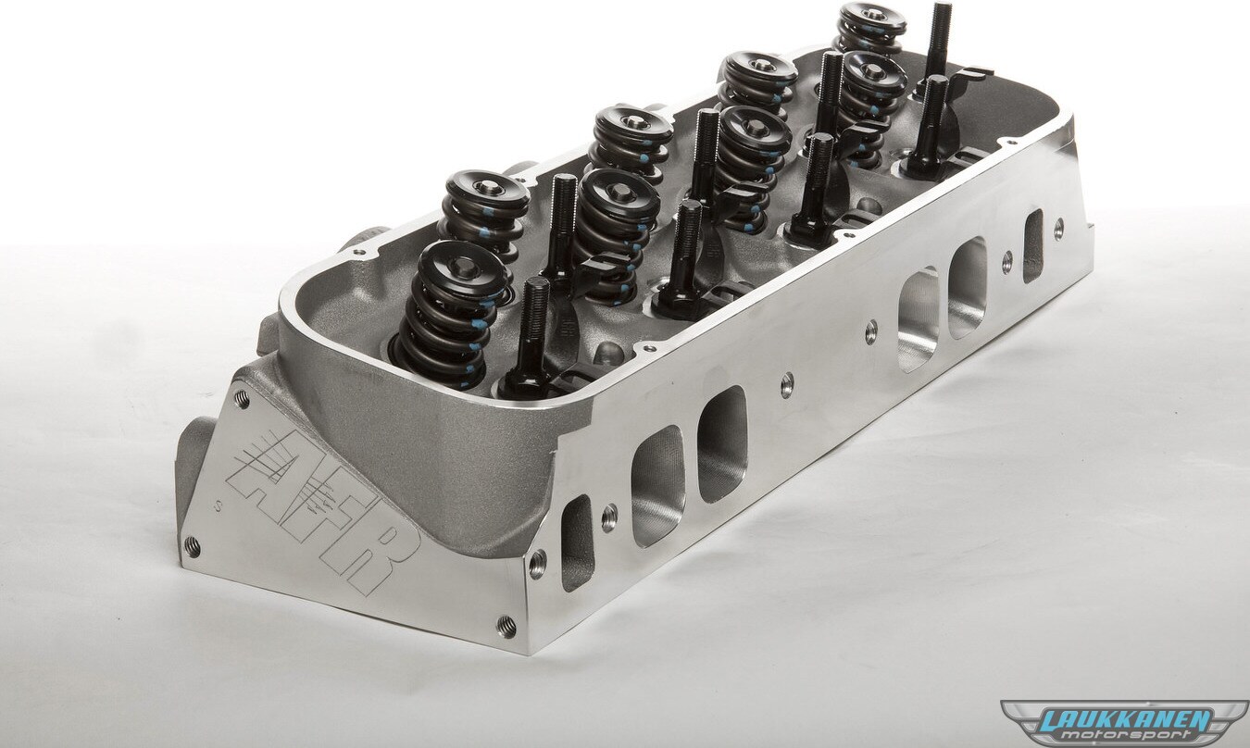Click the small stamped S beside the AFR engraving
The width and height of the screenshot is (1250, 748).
coord(219,507)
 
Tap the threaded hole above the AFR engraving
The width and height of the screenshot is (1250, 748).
coord(241,399)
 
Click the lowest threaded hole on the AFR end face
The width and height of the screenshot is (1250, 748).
coord(506,626)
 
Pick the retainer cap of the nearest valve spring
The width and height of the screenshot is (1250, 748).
coord(462,270)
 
